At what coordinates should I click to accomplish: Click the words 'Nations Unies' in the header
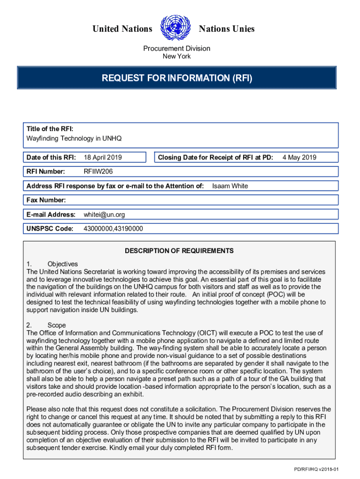[227, 29]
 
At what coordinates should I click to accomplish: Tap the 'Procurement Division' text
[176, 49]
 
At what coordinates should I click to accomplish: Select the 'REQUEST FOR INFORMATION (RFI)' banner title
[177, 78]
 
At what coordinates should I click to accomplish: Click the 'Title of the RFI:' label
[50, 129]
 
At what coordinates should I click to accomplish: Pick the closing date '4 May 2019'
[299, 158]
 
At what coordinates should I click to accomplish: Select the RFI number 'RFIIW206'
[98, 172]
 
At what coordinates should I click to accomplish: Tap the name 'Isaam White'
[230, 186]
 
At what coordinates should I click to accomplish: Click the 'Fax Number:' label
[46, 200]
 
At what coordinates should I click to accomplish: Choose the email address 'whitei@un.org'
[104, 215]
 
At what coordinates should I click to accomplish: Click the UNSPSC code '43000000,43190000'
[113, 229]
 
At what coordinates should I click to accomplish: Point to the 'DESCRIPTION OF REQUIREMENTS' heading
[179, 251]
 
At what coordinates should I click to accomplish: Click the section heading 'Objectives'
[63, 264]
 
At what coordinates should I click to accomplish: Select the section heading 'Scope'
[57, 325]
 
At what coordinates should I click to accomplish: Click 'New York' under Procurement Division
[176, 57]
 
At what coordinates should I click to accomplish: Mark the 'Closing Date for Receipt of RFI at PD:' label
[216, 158]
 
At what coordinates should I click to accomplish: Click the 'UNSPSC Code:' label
[50, 229]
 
